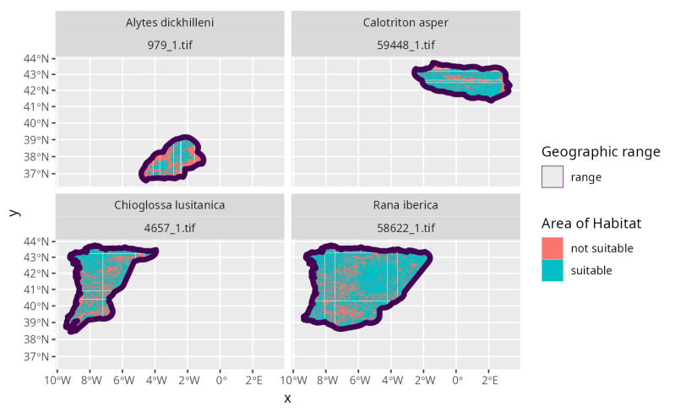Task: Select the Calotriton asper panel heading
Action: (x=406, y=23)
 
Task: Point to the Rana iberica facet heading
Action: (x=406, y=205)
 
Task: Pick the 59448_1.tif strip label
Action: (x=406, y=45)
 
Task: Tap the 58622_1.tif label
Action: (x=406, y=227)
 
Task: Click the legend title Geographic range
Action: (x=601, y=152)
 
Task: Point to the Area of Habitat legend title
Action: (x=591, y=224)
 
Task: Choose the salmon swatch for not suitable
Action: (x=553, y=248)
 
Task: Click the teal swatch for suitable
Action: (x=553, y=270)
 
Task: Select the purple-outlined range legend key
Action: (x=553, y=177)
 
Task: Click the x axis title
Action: (x=287, y=398)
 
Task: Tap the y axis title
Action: (x=14, y=212)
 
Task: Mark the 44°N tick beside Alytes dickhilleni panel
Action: (x=37, y=58)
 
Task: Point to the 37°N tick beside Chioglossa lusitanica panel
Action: (x=37, y=356)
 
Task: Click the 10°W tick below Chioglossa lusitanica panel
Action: (x=57, y=380)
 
